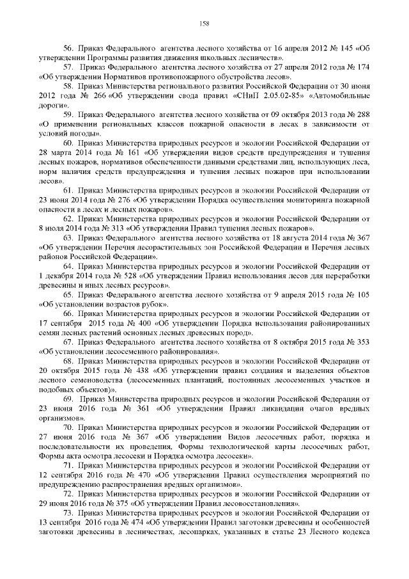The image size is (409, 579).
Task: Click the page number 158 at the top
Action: click(204, 24)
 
